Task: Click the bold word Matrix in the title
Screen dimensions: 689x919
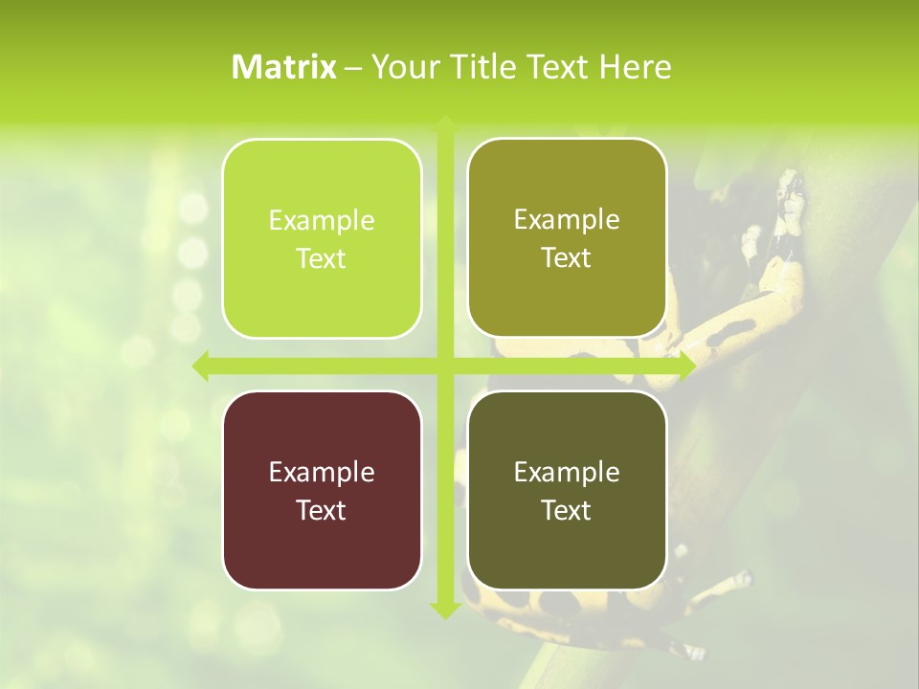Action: coord(284,67)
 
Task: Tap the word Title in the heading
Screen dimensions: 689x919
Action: coord(476,67)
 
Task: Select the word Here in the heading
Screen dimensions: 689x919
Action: coord(636,67)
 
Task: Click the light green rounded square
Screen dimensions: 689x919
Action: coord(322,238)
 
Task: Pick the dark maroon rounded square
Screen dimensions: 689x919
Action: coord(322,490)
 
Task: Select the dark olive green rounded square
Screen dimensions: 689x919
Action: coord(567,490)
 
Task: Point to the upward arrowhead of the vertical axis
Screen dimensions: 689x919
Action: coord(444,124)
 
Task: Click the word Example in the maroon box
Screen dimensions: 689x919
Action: coord(322,472)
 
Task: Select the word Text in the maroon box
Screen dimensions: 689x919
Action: coord(322,510)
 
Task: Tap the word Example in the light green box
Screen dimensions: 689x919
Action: coord(322,220)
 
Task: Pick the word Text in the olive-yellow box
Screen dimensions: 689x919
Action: coord(567,257)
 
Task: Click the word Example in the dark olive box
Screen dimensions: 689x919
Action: coord(567,472)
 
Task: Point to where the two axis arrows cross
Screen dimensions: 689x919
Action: coord(444,366)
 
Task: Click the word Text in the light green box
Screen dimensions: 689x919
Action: coord(322,258)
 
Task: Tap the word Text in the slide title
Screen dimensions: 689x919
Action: coord(555,67)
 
